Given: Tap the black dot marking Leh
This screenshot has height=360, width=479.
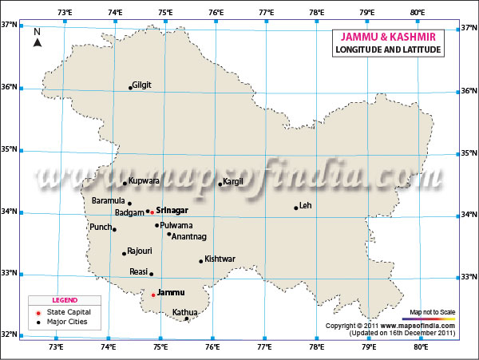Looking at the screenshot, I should (x=296, y=208).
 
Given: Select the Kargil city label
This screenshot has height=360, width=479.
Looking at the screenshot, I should (x=233, y=182).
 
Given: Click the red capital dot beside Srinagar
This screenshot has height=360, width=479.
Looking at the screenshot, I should (x=152, y=212).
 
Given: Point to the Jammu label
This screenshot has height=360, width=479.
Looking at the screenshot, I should (x=171, y=293).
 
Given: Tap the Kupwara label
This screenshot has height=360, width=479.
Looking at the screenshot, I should (x=144, y=181).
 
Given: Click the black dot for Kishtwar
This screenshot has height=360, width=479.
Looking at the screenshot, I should (x=201, y=261).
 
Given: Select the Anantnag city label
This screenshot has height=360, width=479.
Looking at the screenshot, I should (x=189, y=237).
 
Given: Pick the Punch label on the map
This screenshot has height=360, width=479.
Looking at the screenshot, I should (x=101, y=227).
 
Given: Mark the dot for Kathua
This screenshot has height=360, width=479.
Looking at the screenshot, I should (x=187, y=318).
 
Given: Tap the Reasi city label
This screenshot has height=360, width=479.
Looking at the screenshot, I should (x=139, y=272).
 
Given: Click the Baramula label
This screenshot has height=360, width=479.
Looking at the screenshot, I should (x=109, y=200).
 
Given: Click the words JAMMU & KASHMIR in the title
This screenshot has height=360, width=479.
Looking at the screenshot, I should (x=386, y=37).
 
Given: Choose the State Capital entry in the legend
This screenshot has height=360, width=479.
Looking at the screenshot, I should (x=68, y=311).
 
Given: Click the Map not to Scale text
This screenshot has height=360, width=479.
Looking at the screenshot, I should (x=432, y=311).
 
